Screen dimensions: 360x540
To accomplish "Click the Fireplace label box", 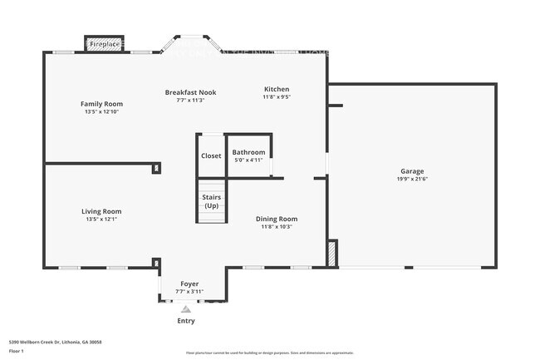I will point(105,43).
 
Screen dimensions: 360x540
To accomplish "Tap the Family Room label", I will point(101,104).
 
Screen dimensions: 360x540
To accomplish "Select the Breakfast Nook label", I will point(190,92).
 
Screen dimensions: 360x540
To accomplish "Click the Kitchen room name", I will point(277,89).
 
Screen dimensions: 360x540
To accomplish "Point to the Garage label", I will point(412,171).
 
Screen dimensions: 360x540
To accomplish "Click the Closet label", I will point(211,155).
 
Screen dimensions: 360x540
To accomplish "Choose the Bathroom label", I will point(248,152).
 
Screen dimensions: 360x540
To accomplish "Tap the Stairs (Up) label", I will point(211,200).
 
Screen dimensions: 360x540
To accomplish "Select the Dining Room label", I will point(276,219).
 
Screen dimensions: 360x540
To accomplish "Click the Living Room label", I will point(101,211).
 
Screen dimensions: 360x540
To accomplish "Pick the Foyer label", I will point(189,284).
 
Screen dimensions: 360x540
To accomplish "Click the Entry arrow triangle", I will point(186,308).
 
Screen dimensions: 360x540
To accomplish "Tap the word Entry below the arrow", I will point(186,321).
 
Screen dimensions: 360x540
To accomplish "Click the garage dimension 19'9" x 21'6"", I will point(412,179).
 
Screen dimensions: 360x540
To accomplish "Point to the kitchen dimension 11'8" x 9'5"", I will point(277,97).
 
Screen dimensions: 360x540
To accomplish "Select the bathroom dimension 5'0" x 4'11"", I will point(248,160).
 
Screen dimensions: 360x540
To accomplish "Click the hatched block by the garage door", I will point(332,253).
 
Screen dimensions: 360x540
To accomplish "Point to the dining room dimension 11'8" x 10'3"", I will point(276,226).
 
